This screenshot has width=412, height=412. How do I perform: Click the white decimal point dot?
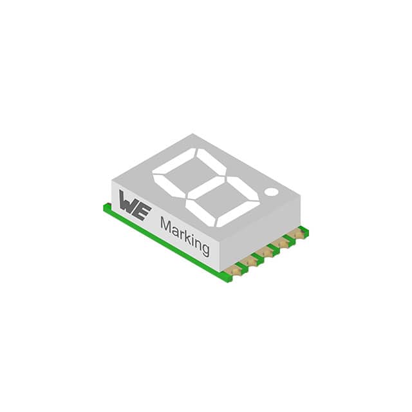point(272,192)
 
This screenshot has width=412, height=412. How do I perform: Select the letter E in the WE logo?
point(144,212)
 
